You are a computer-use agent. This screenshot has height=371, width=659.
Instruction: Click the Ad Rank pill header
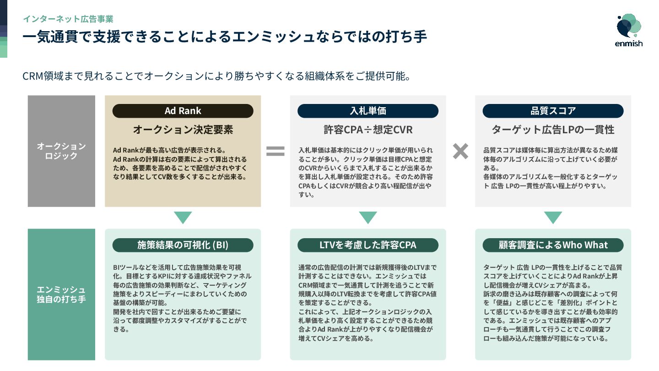183,111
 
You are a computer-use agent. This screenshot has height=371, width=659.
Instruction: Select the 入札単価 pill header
368,111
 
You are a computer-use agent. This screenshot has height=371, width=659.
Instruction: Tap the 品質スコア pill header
553,111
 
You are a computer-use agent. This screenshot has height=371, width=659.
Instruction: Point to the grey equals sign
275,151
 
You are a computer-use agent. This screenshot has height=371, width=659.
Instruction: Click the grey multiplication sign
460,151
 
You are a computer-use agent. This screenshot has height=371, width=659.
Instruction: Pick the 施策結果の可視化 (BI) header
183,245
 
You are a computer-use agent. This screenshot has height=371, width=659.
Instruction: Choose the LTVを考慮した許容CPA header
368,245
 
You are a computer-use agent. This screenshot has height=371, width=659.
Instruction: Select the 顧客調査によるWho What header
553,245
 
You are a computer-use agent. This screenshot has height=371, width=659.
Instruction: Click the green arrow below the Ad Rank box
183,218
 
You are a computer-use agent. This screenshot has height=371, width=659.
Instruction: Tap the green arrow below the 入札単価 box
368,218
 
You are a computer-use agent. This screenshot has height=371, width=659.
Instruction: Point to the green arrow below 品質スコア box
553,218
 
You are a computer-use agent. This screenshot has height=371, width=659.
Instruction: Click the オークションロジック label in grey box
61,151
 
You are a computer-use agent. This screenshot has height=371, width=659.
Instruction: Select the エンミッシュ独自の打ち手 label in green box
61,295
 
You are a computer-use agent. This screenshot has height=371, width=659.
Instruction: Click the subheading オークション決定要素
183,130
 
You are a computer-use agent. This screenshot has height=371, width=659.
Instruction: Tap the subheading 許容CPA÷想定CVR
368,130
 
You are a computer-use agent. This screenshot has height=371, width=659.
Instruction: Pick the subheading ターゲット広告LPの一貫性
553,130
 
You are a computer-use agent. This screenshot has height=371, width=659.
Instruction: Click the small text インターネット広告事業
68,19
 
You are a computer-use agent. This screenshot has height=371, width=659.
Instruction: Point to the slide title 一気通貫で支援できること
224,37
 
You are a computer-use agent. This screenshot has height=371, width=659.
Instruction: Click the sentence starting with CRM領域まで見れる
216,76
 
